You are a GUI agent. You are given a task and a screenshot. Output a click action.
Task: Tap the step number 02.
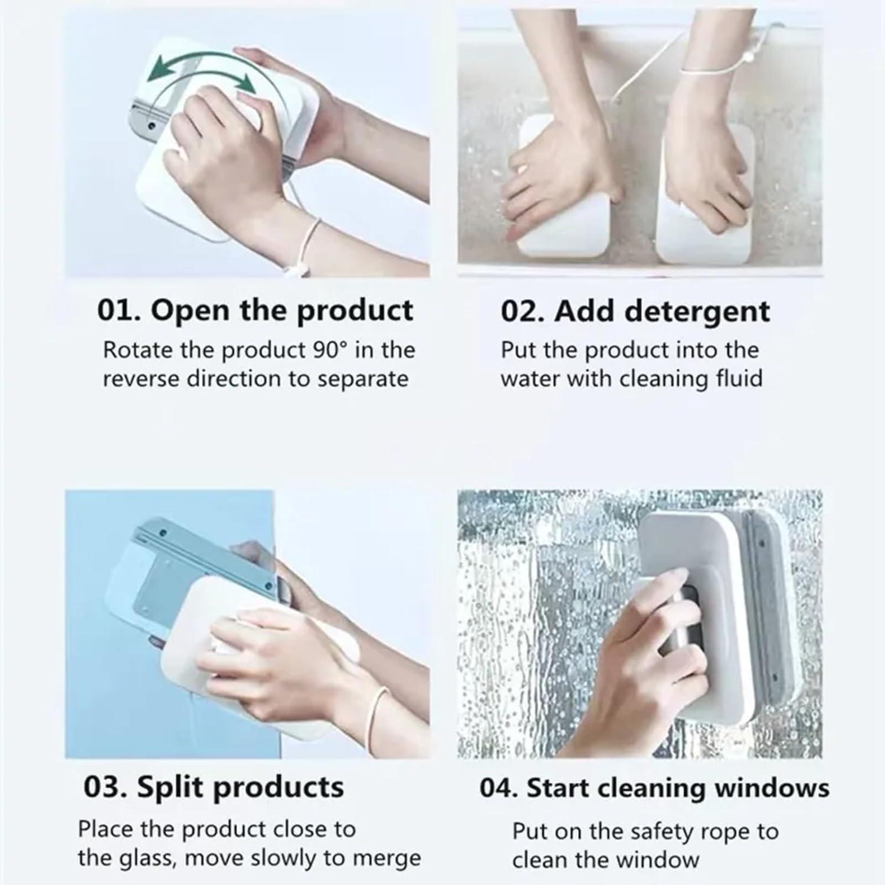click(x=520, y=312)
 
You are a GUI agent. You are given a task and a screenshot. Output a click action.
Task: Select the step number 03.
click(x=104, y=787)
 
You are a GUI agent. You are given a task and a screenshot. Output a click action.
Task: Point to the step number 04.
click(x=498, y=788)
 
